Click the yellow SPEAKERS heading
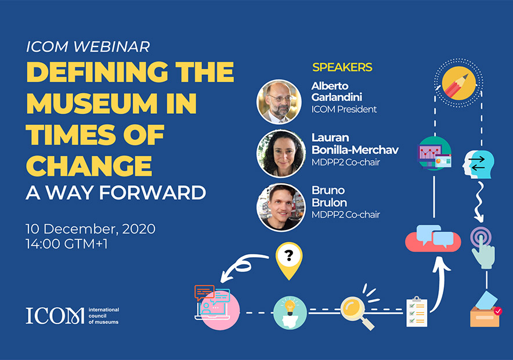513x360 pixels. [x=342, y=67]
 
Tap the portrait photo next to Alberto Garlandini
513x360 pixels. [x=279, y=102]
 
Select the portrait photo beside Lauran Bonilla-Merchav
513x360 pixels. [x=281, y=153]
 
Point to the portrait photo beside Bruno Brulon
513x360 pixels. [x=281, y=207]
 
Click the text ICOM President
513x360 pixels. [x=344, y=109]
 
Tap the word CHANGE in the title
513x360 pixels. [x=89, y=165]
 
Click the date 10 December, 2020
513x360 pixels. [x=91, y=229]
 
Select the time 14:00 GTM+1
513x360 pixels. [x=67, y=244]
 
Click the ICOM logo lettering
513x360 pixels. [x=55, y=315]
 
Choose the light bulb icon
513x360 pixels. [x=290, y=312]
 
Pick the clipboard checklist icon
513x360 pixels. [x=417, y=312]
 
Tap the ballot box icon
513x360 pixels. [x=485, y=309]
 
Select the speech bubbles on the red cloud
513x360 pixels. [x=433, y=238]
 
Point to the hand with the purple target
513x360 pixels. [x=482, y=247]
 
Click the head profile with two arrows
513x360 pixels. [x=478, y=164]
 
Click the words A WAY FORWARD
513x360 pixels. [x=116, y=192]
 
